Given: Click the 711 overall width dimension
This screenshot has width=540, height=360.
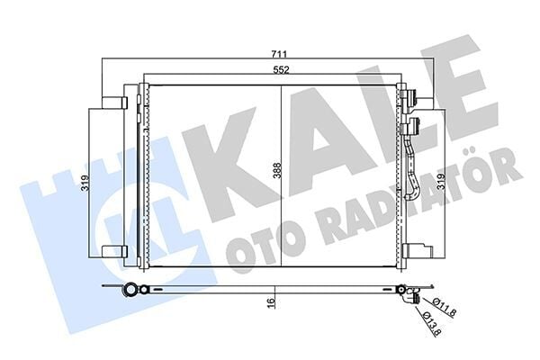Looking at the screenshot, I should pyautogui.click(x=268, y=54).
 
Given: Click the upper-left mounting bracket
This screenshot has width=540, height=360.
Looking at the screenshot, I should pyautogui.click(x=113, y=103).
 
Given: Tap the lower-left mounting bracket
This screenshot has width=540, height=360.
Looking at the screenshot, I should pyautogui.click(x=113, y=251).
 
